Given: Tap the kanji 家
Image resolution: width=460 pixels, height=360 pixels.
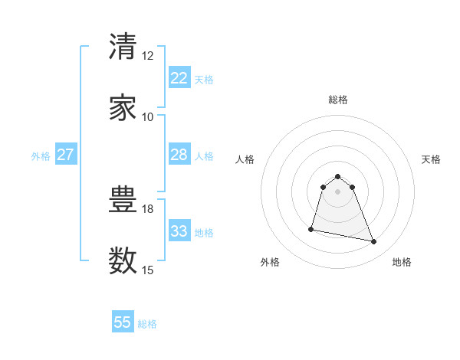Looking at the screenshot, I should click(123, 107).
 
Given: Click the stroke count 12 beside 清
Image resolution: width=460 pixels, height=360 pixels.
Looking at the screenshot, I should click(147, 56).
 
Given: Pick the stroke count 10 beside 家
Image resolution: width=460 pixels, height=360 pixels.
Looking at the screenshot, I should click(147, 117).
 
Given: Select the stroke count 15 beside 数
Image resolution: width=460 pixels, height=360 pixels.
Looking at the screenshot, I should click(147, 270).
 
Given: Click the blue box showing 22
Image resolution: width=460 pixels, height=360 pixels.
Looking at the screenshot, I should click(179, 78).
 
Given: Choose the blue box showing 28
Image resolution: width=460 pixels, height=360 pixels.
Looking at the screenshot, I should click(179, 155).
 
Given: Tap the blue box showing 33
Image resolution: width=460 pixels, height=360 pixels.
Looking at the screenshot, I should click(179, 231).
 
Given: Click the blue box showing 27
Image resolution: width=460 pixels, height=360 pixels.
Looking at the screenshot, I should click(65, 155).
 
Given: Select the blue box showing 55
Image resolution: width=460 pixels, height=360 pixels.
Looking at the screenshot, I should click(123, 322).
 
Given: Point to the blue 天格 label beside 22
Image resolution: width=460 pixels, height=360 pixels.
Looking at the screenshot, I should click(204, 80).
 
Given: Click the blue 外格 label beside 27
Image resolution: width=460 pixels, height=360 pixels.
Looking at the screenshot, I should click(41, 156).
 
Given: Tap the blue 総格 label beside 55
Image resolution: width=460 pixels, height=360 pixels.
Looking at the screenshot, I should click(147, 324).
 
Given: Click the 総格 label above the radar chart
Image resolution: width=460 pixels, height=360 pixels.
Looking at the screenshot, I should click(338, 100).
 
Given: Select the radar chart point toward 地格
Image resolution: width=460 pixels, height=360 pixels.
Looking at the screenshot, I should click(373, 242).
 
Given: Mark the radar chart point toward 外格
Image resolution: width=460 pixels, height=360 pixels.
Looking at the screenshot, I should click(312, 228).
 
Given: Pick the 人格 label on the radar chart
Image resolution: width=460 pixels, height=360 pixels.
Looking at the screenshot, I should click(245, 159).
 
